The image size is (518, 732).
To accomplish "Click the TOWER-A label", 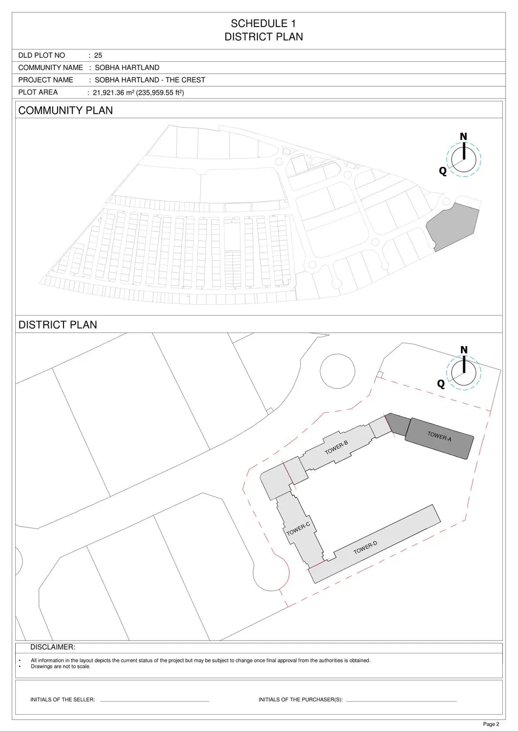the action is tap(439, 436).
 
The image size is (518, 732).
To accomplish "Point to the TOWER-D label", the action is tap(365, 547).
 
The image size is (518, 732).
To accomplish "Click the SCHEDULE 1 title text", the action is tap(263, 23).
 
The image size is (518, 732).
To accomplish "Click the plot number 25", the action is tap(98, 55).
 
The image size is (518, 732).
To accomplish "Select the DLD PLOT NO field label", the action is tap(42, 55).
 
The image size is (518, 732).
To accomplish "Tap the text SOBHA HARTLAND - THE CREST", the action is tap(150, 80).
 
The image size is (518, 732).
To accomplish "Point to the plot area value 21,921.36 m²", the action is tap(113, 93).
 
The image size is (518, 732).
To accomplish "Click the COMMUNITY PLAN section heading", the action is tap(66, 111).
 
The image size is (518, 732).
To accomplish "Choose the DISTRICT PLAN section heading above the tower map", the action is tap(58, 325).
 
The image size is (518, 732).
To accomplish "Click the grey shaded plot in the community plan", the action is tap(452, 227).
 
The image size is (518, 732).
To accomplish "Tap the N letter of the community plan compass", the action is tap(463, 137).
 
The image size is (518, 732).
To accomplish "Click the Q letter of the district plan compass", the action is tap(441, 384).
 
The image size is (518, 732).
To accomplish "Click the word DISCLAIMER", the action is tap(53, 647).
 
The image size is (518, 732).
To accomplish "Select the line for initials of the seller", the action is tap(154, 701).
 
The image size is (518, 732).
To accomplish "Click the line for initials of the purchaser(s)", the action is tap(401, 701).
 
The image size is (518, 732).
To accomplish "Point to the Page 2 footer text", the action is tap(491, 724).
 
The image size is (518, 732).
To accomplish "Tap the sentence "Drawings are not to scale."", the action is tap(60, 666).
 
